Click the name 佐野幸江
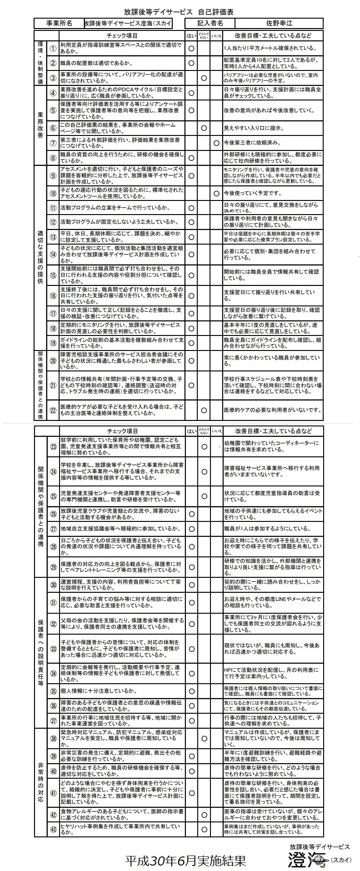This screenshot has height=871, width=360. pos(279,23)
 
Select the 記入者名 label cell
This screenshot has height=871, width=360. pos(210,23)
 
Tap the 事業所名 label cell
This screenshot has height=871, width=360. pos(59,23)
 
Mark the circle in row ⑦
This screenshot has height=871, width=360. pos(216,143)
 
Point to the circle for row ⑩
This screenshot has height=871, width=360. pos(216,194)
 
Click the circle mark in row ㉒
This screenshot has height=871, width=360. pos(204,410)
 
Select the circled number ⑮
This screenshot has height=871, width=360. pos(53,275)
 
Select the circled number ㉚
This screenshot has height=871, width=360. pos(53,585)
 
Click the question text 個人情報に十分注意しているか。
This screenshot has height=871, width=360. pos(99,691)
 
